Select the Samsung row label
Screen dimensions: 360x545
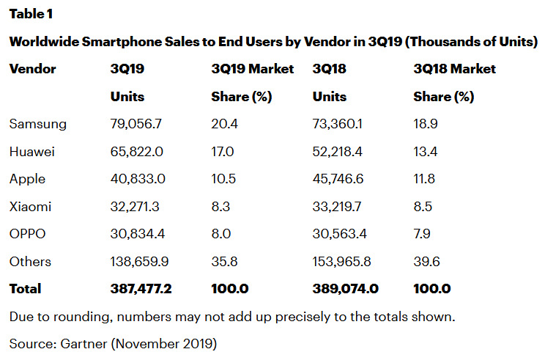38,124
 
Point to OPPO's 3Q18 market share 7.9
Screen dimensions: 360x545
423,234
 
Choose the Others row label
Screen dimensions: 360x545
30,262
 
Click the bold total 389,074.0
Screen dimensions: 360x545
345,289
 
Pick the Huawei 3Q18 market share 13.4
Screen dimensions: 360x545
425,152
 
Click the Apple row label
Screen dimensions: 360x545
27,179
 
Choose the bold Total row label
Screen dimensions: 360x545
26,289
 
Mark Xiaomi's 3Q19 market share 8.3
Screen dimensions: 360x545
220,207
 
